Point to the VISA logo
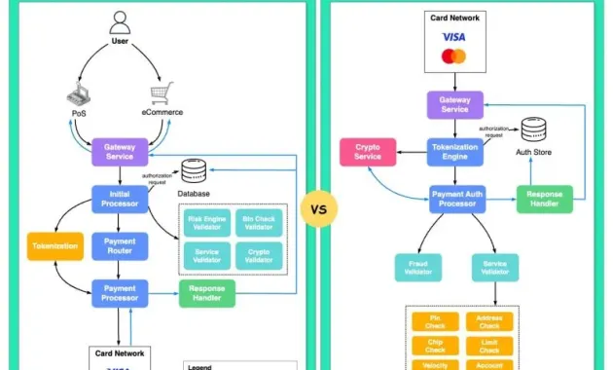point(454,36)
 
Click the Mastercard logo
point(454,56)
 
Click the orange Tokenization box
point(54,246)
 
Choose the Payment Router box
point(120,245)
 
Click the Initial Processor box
point(120,198)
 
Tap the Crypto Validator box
point(258,255)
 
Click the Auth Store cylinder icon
point(533,131)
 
